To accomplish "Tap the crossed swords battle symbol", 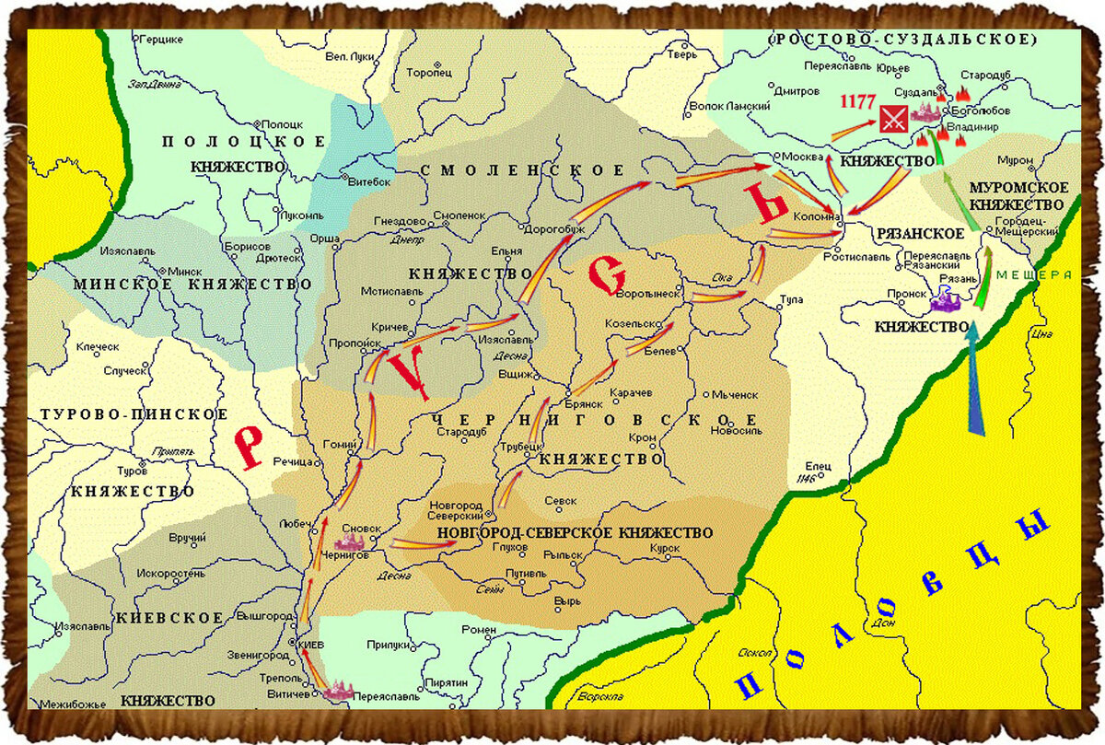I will pyautogui.click(x=892, y=118).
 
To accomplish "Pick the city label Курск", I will pyautogui.click(x=663, y=548).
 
